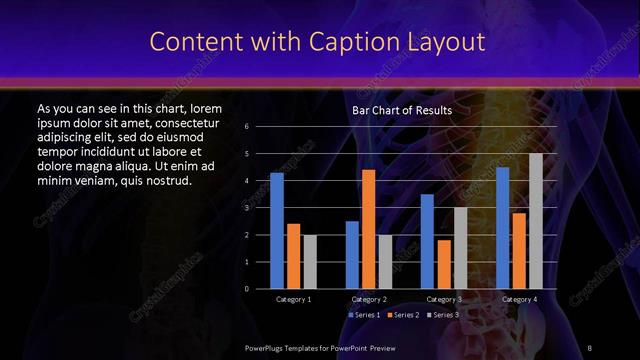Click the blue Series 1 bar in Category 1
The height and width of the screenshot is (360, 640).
(x=277, y=231)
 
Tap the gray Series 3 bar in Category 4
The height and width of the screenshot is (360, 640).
(x=536, y=221)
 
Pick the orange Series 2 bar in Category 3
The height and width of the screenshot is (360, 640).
(x=444, y=264)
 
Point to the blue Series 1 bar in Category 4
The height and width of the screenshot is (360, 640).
(x=503, y=228)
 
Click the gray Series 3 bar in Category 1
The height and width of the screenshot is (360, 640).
(x=309, y=262)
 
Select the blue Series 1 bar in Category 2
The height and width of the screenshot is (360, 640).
(x=352, y=255)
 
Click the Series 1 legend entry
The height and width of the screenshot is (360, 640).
(x=363, y=315)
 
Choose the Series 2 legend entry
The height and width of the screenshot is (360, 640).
(x=402, y=315)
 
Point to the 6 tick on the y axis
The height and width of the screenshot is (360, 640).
(x=246, y=127)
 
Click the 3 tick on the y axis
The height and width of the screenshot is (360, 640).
(x=246, y=208)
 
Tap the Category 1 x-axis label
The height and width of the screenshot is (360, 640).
(x=293, y=299)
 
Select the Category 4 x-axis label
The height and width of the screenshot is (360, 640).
(x=519, y=299)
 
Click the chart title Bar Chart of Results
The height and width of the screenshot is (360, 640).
(x=402, y=110)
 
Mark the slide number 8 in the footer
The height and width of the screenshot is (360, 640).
(x=590, y=346)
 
